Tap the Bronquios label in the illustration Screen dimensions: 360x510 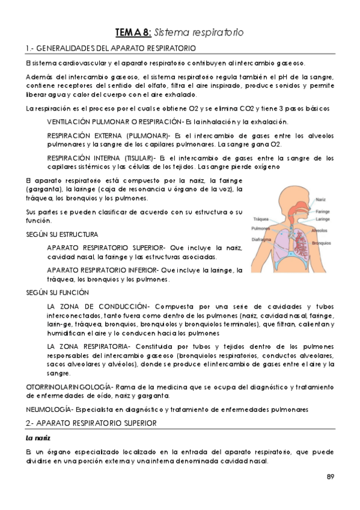[323, 242]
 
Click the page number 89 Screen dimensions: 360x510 [331, 477]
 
